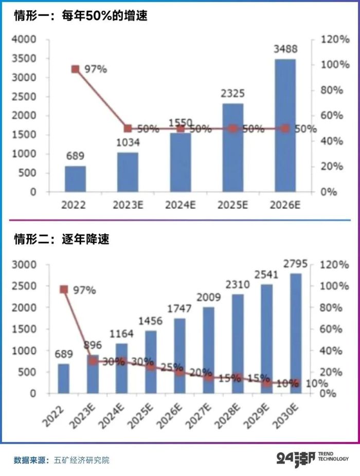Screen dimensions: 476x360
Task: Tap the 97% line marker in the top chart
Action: (76, 69)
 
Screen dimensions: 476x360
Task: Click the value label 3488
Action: (285, 49)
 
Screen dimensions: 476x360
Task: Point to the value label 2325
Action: (232, 94)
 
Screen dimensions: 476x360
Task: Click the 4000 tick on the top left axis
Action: (25, 40)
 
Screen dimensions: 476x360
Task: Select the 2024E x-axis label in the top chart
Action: (180, 205)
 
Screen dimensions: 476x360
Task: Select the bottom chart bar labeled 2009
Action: (208, 350)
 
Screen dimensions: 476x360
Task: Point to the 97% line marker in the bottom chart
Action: (64, 289)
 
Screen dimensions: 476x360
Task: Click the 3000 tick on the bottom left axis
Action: (25, 265)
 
